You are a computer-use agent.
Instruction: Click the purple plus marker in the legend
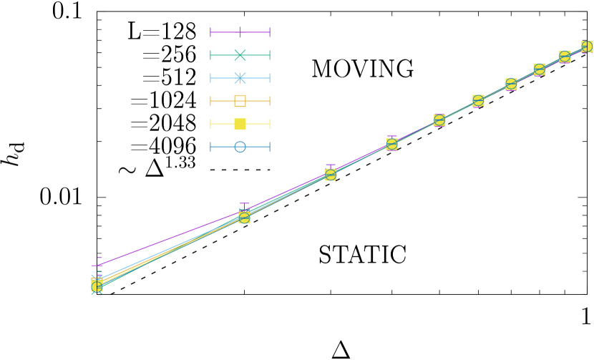240,32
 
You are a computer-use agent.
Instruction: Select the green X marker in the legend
240,55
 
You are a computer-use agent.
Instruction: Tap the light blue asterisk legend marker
240,78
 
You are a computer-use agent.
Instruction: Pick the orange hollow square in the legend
240,101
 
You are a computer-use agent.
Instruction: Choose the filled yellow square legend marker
240,124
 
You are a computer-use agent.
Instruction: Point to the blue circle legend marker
240,147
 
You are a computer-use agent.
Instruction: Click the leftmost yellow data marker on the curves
97,286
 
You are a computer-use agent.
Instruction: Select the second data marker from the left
244,218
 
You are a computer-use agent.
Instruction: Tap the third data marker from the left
331,175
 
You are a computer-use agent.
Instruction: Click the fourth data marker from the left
392,145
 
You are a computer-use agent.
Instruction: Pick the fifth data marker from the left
439,120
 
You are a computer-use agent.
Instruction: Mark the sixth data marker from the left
478,101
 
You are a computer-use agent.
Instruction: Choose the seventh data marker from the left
511,84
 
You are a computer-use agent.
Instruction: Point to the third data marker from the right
540,69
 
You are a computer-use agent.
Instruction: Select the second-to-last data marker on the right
565,57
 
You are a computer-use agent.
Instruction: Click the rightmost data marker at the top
587,47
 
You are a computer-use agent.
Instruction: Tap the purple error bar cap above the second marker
244,204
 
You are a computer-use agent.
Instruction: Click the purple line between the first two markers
172,238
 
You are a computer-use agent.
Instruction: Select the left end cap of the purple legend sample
210,32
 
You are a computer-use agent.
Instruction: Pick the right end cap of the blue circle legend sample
269,147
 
